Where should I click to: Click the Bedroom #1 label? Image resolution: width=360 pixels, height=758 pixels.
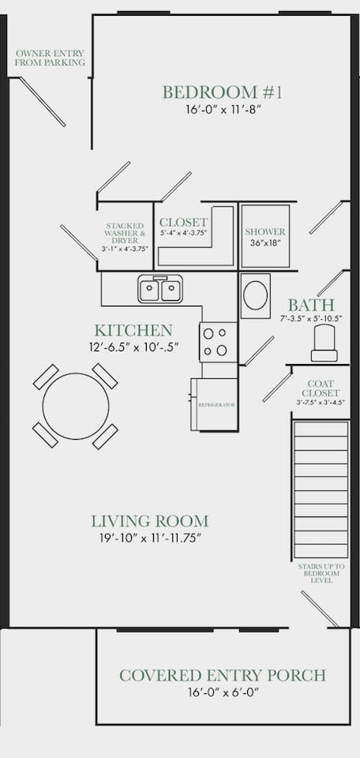223,92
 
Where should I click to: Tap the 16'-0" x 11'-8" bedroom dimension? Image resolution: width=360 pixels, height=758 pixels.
223,110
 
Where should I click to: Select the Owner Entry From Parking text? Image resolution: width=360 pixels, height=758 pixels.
51,58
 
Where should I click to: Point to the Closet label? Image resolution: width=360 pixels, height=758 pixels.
184,223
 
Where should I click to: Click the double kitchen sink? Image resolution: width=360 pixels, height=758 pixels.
160,289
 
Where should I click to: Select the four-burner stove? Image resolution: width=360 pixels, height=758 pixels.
218,342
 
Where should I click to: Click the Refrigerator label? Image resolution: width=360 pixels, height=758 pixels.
217,404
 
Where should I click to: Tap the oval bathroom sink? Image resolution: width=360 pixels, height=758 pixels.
255,296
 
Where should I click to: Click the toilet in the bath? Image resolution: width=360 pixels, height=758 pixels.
324,343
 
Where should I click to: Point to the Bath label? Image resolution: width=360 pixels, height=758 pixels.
311,306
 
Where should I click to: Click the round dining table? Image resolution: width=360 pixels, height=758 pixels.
76,406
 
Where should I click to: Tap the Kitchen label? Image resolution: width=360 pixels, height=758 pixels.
133,331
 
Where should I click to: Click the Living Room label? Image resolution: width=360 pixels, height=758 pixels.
150,522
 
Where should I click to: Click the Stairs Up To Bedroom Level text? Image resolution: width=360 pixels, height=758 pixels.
321,573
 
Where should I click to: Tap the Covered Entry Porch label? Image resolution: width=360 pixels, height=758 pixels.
223,675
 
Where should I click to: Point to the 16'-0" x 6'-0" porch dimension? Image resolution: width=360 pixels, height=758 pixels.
223,692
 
